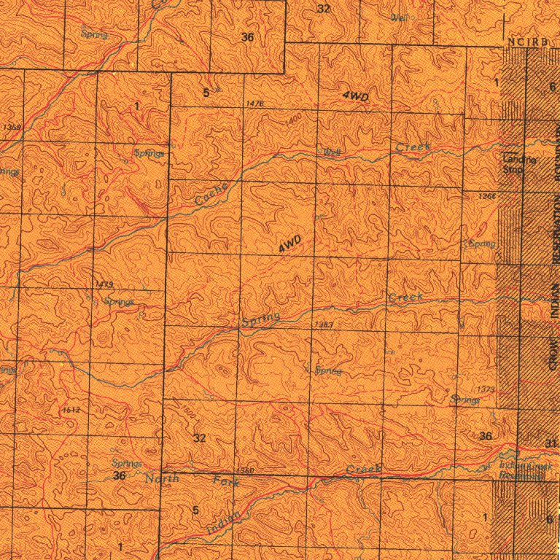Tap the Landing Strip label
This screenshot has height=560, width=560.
tap(519, 165)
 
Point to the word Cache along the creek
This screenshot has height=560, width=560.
tap(212, 193)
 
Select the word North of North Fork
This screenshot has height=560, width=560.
tap(162, 479)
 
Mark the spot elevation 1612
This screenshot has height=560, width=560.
tap(71, 411)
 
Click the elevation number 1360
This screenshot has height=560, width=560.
tap(246, 471)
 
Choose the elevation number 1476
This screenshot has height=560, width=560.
tap(255, 105)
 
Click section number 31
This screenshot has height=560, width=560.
tap(551, 443)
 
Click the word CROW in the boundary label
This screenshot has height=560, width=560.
tap(553, 352)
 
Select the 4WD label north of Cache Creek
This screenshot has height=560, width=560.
tap(355, 96)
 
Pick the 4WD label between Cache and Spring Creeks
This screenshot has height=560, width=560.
tap(289, 244)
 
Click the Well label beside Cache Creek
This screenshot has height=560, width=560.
tap(332, 152)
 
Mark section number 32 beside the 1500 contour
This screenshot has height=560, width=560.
tap(201, 437)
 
